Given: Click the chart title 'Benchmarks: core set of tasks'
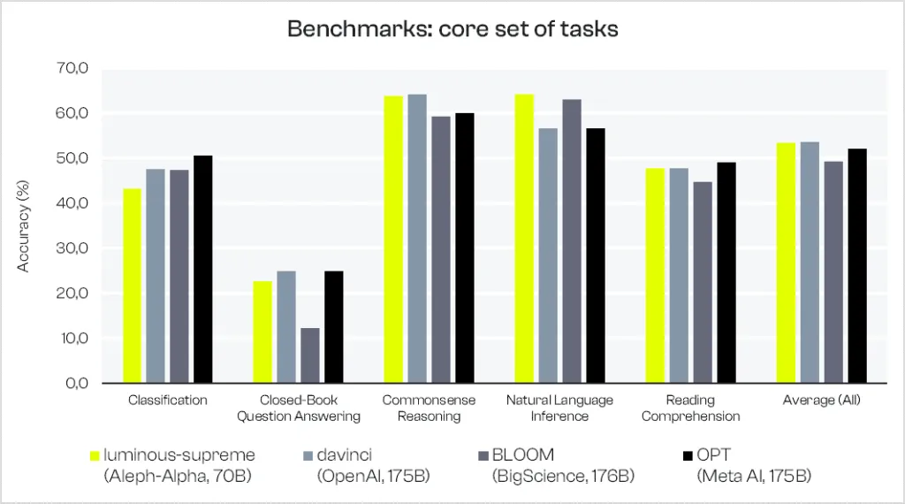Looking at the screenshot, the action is [452, 29].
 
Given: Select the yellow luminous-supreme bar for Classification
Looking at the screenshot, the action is [133, 286].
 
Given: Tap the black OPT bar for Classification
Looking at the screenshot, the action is [202, 269].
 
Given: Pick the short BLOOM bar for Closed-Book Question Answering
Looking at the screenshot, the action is [310, 355].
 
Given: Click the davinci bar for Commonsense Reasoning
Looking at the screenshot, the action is [417, 239].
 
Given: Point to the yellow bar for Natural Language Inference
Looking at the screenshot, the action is [525, 239].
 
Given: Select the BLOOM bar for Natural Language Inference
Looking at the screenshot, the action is [572, 241].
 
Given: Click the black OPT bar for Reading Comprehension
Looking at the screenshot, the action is [726, 272].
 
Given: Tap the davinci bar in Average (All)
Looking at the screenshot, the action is [810, 263].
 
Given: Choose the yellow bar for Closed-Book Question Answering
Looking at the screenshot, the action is [262, 332].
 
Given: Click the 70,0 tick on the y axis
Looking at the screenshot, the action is [72, 68].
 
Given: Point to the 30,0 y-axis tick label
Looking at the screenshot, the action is [72, 248].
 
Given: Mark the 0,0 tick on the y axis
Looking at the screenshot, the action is [76, 384].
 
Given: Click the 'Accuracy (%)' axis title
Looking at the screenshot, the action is [22, 226].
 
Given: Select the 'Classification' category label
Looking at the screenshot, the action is [167, 400].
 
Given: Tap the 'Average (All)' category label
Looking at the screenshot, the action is [821, 400].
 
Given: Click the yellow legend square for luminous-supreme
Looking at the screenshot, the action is [95, 456].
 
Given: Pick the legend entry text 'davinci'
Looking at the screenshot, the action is [345, 455].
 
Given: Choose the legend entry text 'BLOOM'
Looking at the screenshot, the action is [523, 455].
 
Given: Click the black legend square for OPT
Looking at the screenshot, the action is [688, 456].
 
